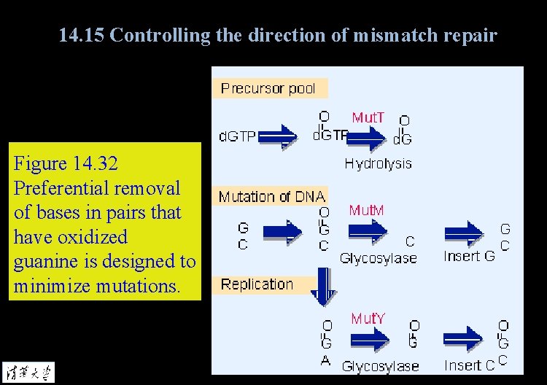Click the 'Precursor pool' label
click(268, 88)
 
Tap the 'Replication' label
click(257, 284)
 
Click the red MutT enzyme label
click(368, 117)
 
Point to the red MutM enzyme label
click(366, 211)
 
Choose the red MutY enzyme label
click(368, 319)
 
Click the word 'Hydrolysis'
click(378, 163)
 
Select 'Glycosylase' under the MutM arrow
click(378, 257)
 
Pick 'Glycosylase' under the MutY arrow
click(380, 366)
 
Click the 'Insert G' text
click(469, 256)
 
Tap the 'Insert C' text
click(469, 365)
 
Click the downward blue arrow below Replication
click(322, 287)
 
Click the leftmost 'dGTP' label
click(238, 136)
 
